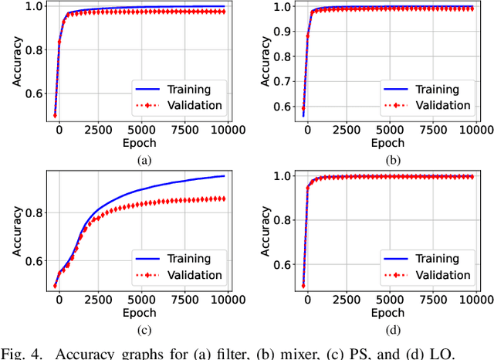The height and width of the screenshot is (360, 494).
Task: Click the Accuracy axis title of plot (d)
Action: [x=259, y=232]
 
